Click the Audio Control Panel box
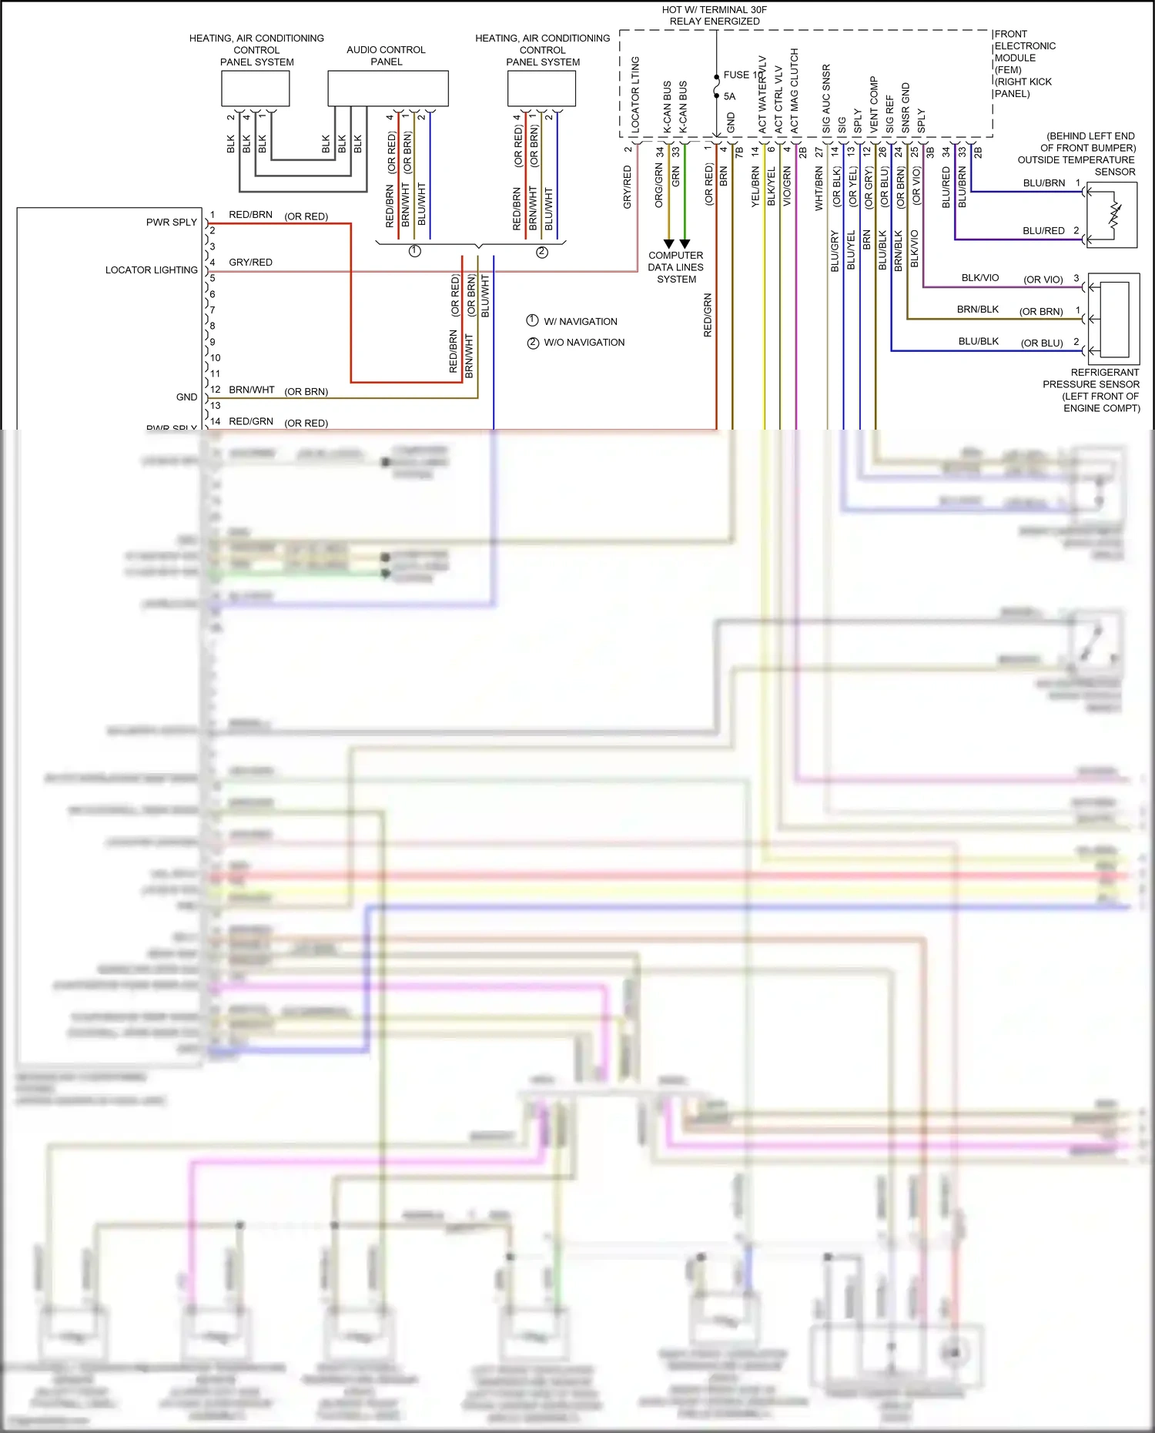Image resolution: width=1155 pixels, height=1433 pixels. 388,89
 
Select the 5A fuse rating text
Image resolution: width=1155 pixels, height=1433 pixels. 729,96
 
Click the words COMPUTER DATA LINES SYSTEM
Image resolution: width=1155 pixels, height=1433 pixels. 676,267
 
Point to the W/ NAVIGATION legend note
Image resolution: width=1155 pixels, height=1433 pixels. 580,321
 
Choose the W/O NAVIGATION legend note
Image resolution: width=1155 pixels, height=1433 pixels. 584,342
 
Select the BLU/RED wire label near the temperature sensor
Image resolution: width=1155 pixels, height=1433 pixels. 1043,230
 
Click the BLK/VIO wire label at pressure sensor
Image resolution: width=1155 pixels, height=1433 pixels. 979,277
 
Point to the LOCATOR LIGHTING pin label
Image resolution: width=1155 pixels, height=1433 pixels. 151,270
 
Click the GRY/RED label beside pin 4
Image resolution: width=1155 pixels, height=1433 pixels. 250,262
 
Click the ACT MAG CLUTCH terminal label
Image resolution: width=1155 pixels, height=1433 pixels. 795,91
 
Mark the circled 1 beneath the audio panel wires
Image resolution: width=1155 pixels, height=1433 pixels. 414,251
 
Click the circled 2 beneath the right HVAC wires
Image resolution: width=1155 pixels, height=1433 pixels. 542,252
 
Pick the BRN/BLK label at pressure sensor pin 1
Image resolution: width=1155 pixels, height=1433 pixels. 977,309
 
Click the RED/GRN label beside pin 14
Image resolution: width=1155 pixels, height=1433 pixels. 251,421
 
